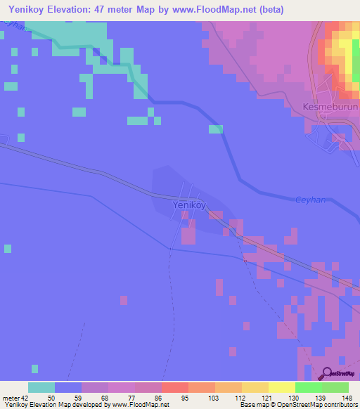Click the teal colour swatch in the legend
coord(41,387)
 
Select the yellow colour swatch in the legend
coord(281,387)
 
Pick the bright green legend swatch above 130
coord(308,387)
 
